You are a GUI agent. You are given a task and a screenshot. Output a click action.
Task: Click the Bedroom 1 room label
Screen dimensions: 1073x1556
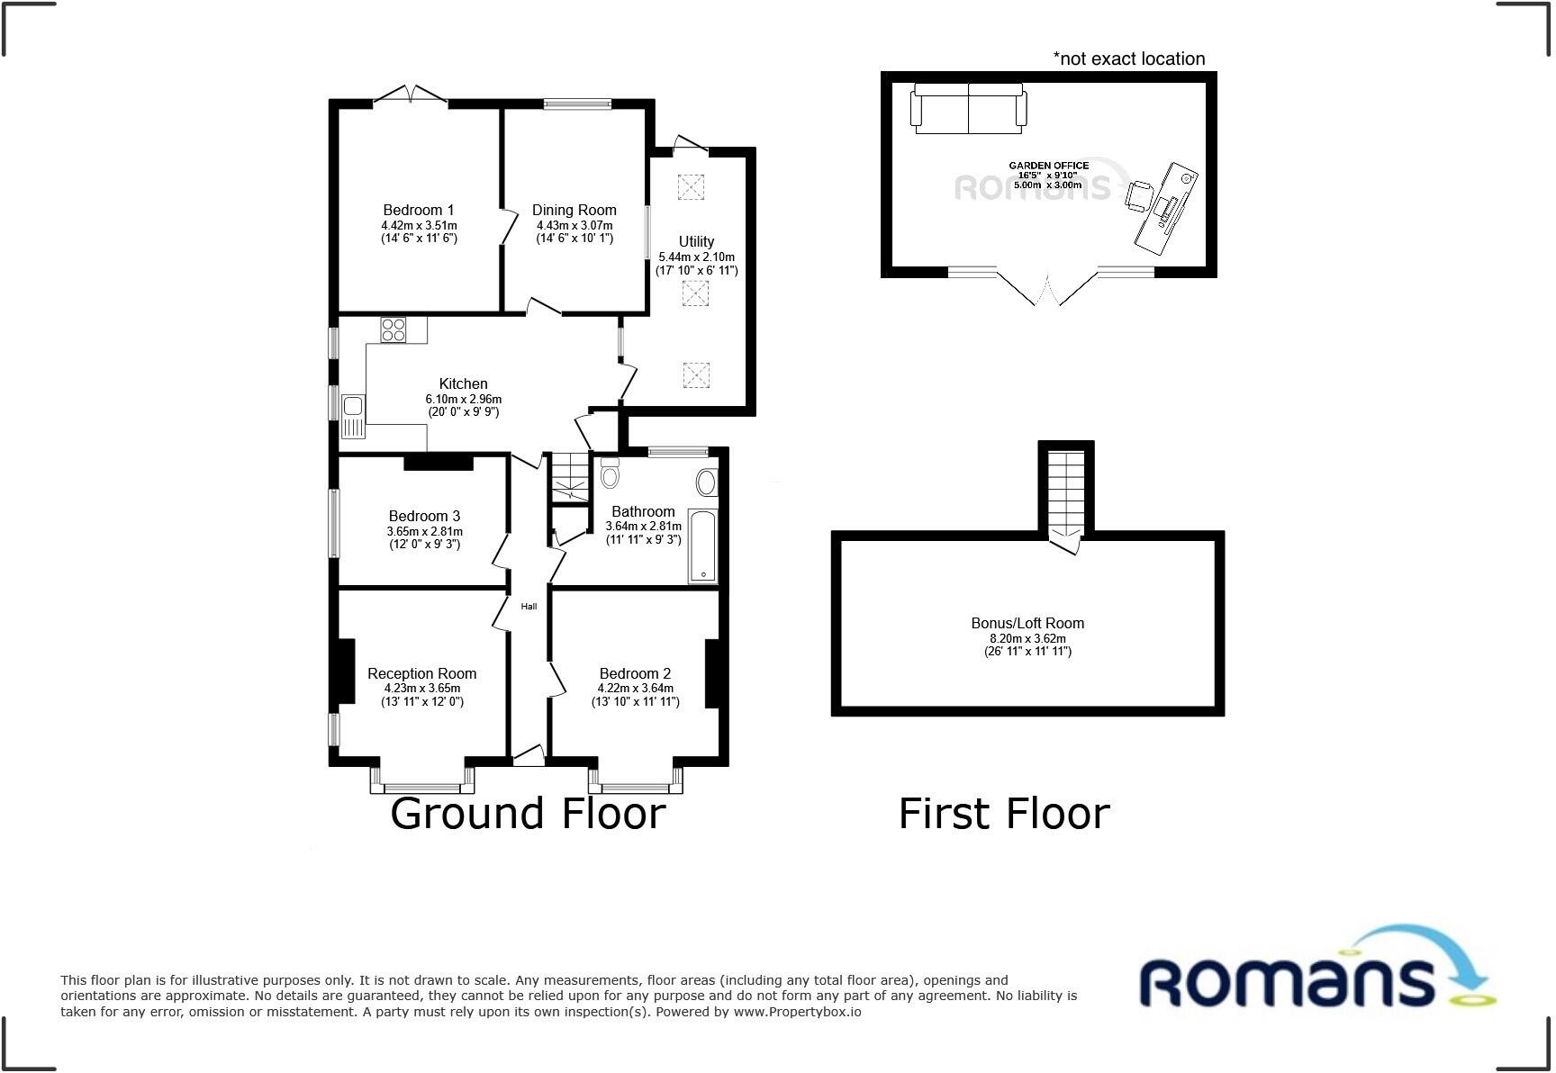[419, 211]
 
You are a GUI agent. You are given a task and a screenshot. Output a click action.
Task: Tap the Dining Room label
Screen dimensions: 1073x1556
[574, 211]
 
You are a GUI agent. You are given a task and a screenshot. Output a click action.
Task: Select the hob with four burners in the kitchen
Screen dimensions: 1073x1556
[394, 329]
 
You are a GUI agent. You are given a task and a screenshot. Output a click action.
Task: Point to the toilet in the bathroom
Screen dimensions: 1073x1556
[610, 473]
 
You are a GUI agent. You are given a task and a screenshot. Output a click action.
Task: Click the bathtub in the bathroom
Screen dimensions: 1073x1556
[702, 546]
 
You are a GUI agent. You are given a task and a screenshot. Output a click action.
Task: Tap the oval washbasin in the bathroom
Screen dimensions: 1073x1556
[706, 482]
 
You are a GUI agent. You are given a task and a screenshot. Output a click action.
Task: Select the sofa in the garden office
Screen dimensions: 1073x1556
[968, 108]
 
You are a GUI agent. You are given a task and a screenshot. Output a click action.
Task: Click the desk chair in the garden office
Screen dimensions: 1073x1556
[1139, 194]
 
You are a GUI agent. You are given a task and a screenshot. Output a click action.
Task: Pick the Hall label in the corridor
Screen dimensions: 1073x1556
[529, 607]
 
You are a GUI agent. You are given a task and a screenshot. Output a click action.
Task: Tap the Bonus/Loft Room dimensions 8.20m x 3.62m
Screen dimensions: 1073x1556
[1027, 637]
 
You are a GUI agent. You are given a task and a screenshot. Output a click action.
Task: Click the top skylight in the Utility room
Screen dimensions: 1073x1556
[691, 186]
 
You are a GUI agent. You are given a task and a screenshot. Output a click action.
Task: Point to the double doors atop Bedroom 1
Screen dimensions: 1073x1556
[411, 95]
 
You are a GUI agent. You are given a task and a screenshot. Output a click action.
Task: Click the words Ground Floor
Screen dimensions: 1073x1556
[528, 814]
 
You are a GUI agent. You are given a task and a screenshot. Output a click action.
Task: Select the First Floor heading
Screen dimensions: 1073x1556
[1004, 814]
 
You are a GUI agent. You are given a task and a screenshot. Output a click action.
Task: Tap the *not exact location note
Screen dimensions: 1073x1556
[1129, 59]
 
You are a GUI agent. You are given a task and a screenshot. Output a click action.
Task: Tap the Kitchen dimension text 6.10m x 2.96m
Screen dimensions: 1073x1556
[463, 399]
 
